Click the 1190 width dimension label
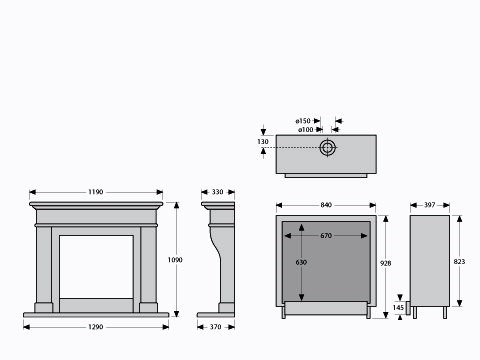coord(96,192)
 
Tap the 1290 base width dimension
coord(96,327)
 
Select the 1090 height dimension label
coord(175,260)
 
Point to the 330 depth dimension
coord(217,192)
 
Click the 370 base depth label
coord(216,327)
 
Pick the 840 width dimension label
coord(326,205)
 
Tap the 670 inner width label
coord(326,236)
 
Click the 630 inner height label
coord(301,263)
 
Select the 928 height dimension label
coord(386,263)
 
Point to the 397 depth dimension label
coord(430,205)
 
